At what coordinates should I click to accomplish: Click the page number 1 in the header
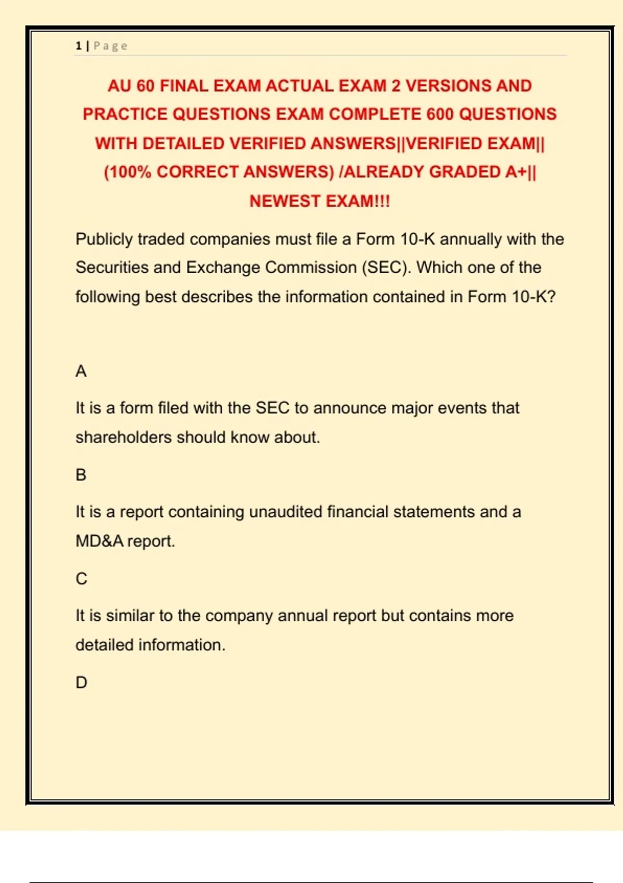pyautogui.click(x=78, y=46)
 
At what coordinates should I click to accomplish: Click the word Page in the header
pyautogui.click(x=111, y=46)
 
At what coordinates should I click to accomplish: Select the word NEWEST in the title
pyautogui.click(x=284, y=201)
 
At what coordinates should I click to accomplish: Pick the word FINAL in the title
pyautogui.click(x=184, y=86)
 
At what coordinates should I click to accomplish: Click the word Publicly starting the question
pyautogui.click(x=104, y=239)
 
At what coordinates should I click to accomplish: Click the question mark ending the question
pyautogui.click(x=551, y=297)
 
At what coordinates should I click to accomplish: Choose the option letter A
pyautogui.click(x=81, y=371)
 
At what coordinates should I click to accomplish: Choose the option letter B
pyautogui.click(x=81, y=475)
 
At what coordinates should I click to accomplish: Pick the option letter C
pyautogui.click(x=82, y=579)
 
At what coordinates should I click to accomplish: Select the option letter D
pyautogui.click(x=82, y=683)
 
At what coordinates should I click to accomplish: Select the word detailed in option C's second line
pyautogui.click(x=105, y=645)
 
